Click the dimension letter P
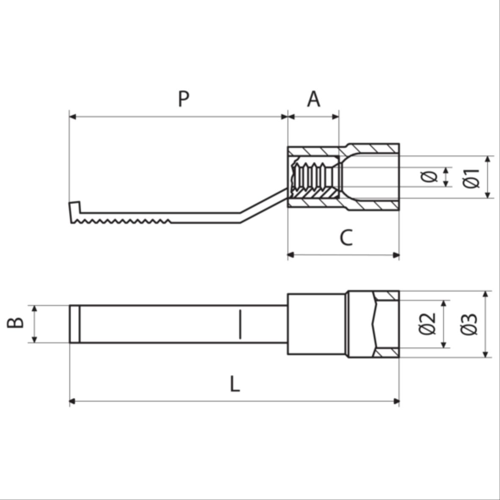[184, 99]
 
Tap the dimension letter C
[346, 237]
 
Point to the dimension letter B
[15, 323]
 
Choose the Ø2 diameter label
[427, 323]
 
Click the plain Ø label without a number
[429, 177]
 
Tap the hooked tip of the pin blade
[74, 212]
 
